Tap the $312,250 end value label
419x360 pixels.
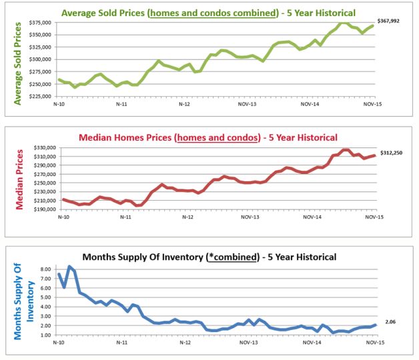point(392,153)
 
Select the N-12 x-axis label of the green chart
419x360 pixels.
point(183,105)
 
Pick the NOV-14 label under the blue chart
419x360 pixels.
point(310,343)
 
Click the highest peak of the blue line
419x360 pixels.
point(69,267)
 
